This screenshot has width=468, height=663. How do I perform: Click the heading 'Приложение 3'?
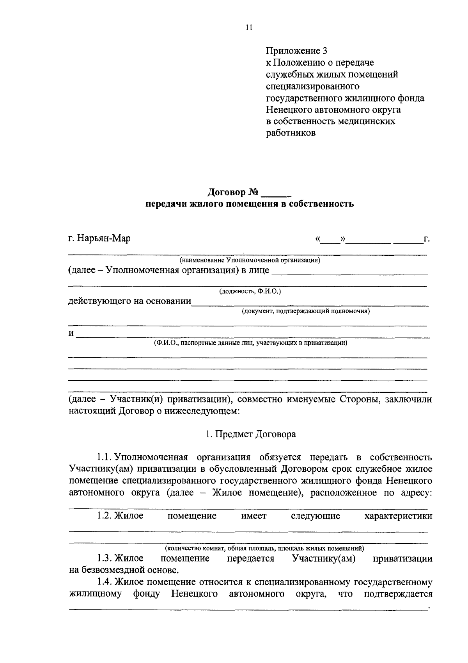click(x=296, y=51)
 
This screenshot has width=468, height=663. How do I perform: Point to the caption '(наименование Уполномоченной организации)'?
click(x=250, y=260)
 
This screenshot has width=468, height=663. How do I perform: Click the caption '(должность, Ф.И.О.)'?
click(x=250, y=291)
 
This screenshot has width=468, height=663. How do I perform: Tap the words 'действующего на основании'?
click(x=129, y=301)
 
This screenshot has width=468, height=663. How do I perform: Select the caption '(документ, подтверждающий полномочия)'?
click(x=306, y=311)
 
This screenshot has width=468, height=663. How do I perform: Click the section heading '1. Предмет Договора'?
click(x=251, y=434)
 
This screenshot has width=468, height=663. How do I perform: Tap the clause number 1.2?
click(x=105, y=516)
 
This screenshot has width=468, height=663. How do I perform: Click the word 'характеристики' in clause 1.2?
click(x=398, y=516)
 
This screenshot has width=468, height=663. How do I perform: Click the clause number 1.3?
click(x=105, y=558)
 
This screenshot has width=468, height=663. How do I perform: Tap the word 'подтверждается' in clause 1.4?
click(x=398, y=594)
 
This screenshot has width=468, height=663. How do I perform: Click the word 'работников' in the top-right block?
click(x=291, y=133)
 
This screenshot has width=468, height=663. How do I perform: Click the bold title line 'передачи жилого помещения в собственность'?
click(x=250, y=204)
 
